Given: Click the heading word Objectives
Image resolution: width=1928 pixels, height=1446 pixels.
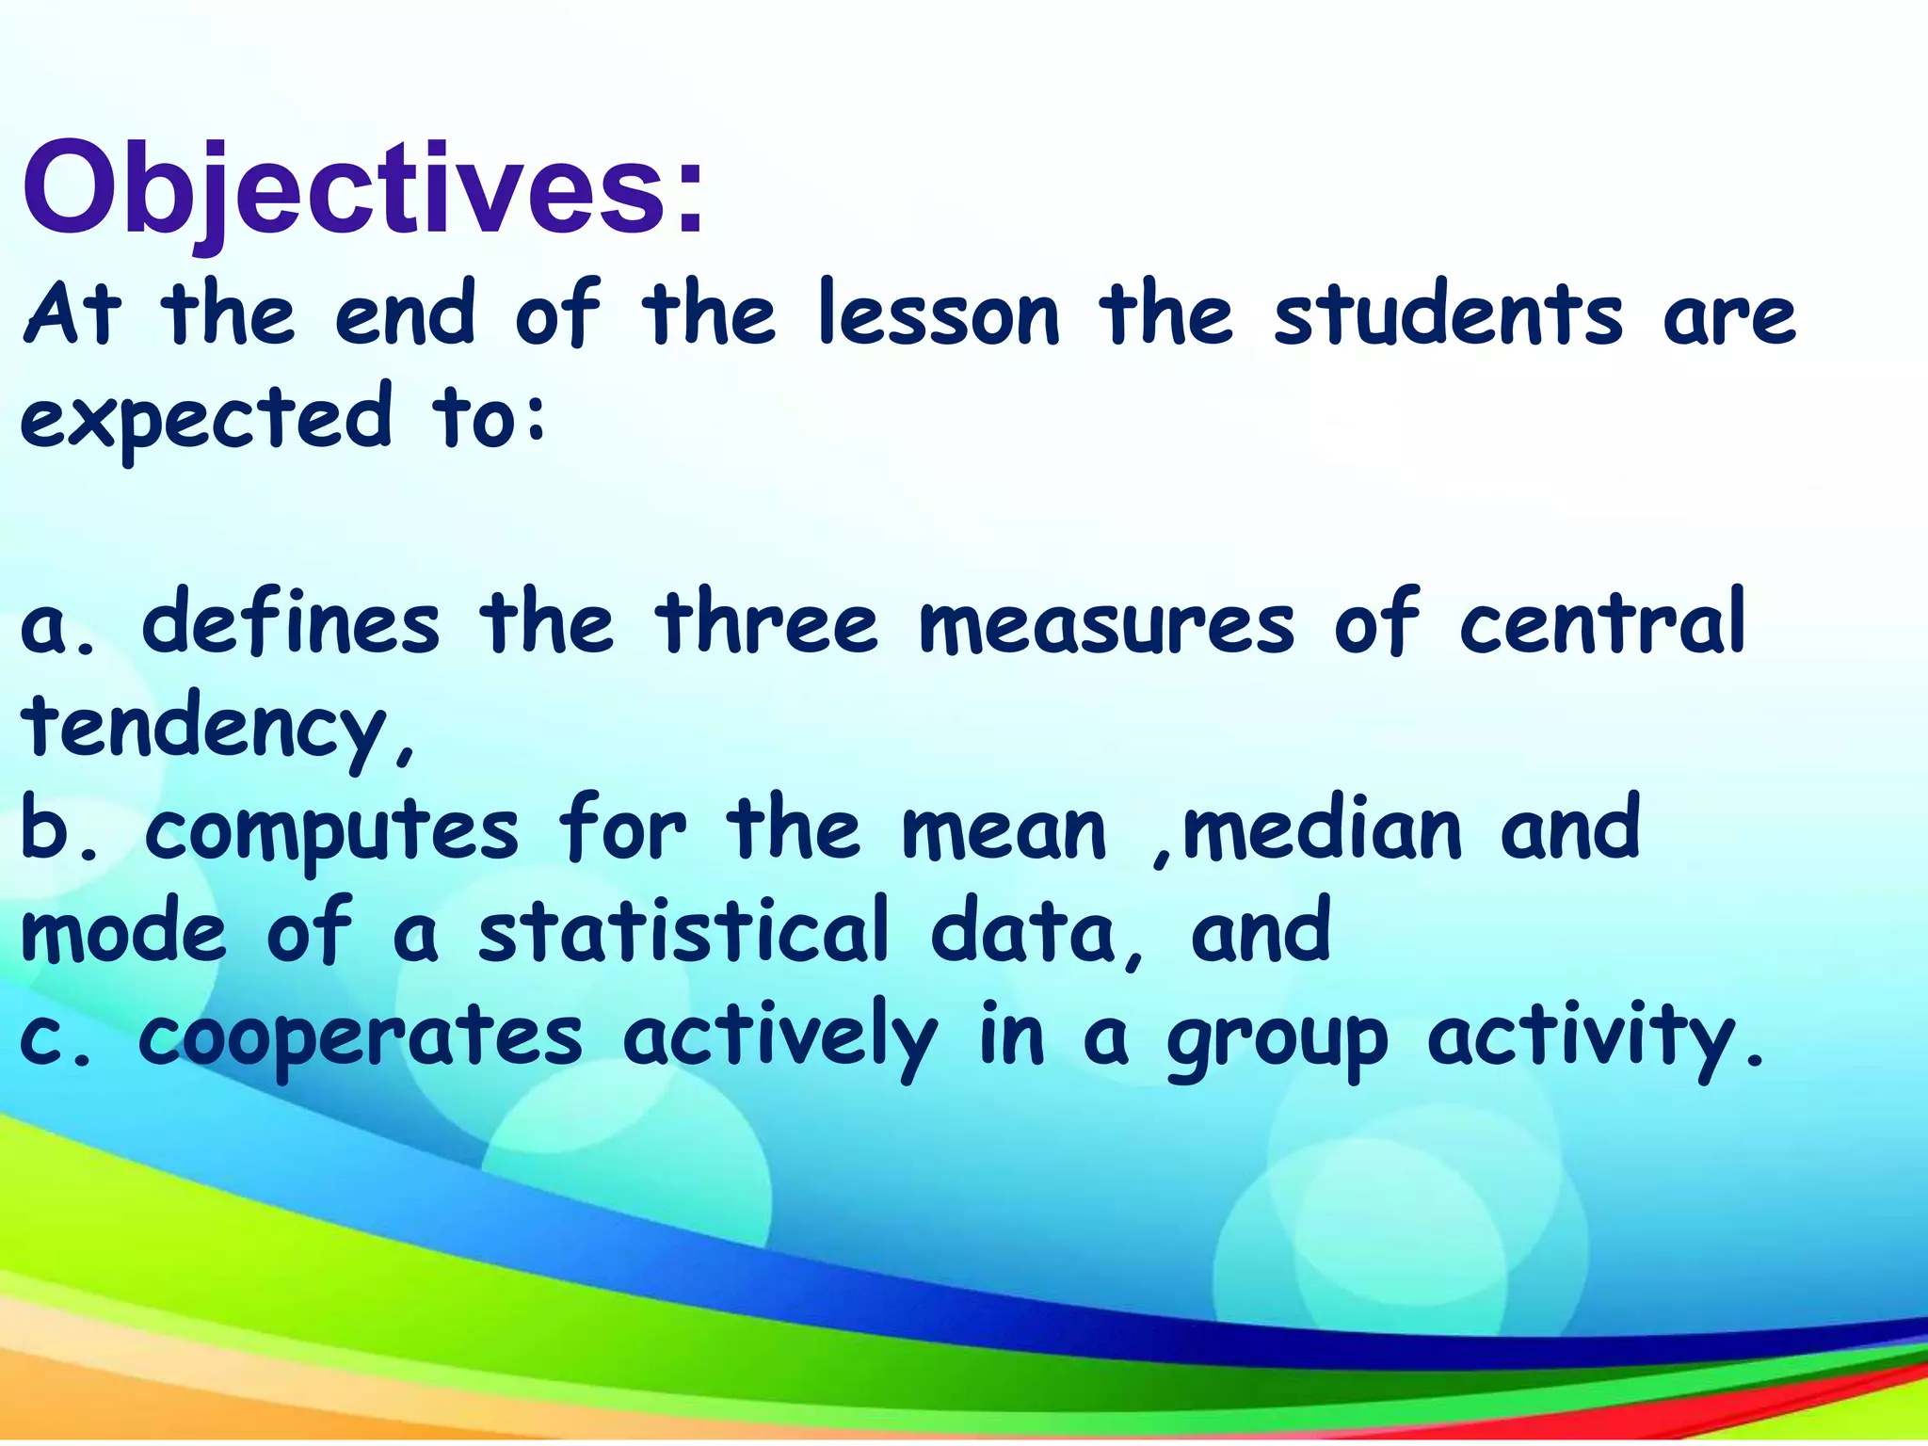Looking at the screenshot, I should click(362, 188).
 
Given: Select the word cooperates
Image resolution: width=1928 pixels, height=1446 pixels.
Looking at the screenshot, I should click(360, 1039).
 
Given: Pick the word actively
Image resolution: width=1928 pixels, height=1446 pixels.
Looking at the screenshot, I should click(780, 1039).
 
